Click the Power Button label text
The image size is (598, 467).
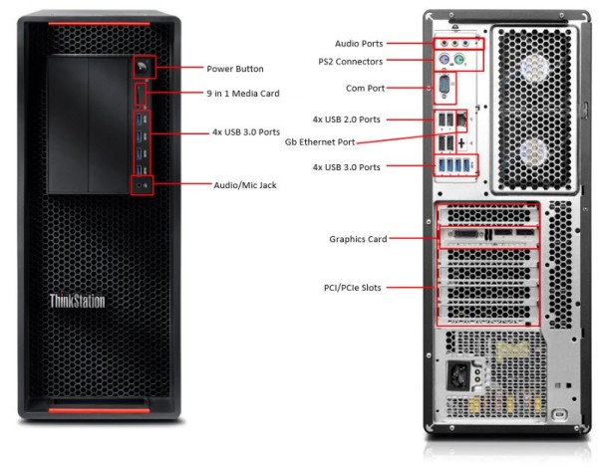point(235,69)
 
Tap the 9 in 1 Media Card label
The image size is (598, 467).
point(242,94)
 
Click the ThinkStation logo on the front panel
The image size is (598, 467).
point(78,301)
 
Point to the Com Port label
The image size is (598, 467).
point(363,88)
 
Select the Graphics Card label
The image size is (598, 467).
point(358,239)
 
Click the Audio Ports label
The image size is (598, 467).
point(359,44)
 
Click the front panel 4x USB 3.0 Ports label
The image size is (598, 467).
point(245,131)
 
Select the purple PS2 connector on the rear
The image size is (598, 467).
point(444,61)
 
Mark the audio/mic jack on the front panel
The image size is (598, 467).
point(143,184)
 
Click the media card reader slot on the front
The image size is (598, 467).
point(142,96)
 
